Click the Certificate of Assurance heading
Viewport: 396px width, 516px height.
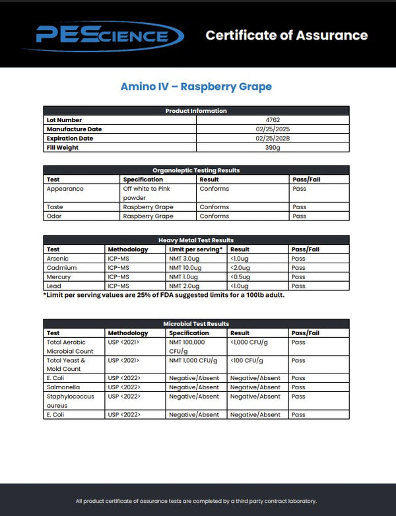[x=286, y=35]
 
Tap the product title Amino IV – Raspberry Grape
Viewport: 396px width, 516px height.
[x=196, y=86]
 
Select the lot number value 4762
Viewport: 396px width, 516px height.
[x=273, y=120]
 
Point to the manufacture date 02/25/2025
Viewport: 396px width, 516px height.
[x=273, y=129]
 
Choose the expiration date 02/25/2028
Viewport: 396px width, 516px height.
[x=273, y=139]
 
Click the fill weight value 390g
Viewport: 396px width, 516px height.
[x=273, y=148]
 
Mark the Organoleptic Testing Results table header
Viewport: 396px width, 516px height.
[x=196, y=170]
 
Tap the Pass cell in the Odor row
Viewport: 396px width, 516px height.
[x=299, y=216]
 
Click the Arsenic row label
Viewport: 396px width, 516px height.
[x=57, y=259]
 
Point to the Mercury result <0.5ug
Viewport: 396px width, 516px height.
[x=242, y=277]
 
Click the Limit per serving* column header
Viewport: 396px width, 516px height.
[x=196, y=249]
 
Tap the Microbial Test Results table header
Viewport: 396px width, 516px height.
[x=196, y=324]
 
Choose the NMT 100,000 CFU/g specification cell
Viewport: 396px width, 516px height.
[x=187, y=346]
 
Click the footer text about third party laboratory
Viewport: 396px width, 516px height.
[x=196, y=501]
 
